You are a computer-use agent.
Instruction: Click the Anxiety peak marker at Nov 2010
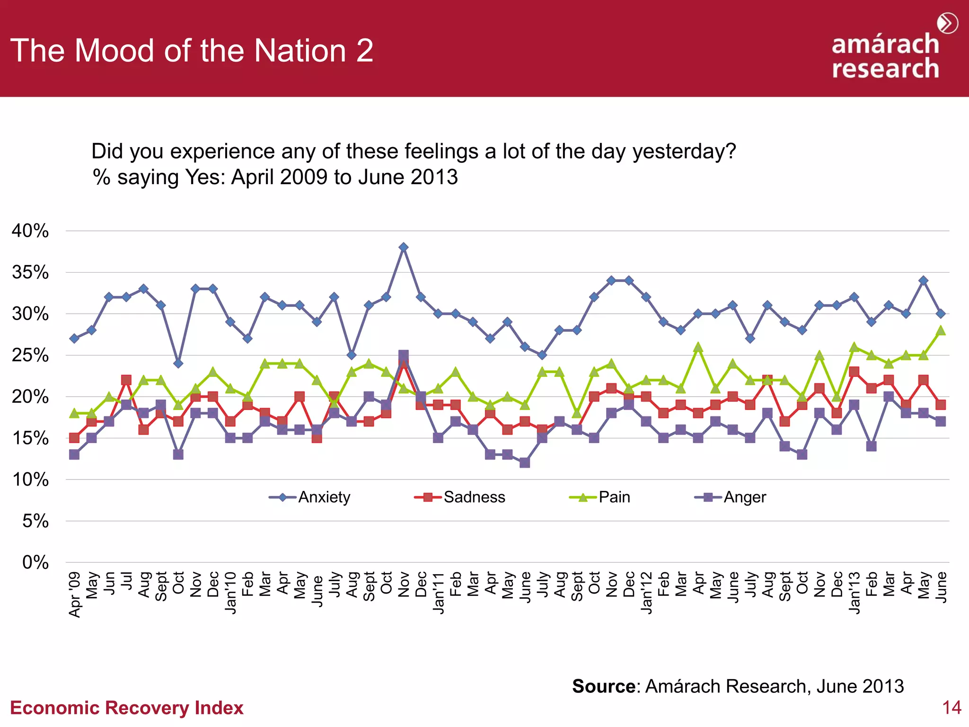coord(403,248)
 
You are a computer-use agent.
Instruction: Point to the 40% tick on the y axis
coord(30,231)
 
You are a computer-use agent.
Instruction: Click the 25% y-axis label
coord(30,355)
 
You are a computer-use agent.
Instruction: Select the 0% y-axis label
coord(35,563)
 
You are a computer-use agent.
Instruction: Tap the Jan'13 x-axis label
coord(854,593)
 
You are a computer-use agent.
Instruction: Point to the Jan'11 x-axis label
coord(439,593)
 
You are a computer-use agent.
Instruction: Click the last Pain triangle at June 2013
coord(941,330)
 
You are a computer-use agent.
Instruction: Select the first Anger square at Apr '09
coord(74,454)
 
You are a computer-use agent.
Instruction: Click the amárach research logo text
coord(885,56)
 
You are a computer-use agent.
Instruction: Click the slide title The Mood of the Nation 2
coord(192,51)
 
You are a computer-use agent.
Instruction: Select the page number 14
coord(951,708)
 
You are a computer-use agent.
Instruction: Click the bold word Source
coord(604,686)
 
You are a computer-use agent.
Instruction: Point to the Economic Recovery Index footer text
coord(127,708)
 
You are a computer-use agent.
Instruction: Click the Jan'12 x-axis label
coord(646,593)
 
